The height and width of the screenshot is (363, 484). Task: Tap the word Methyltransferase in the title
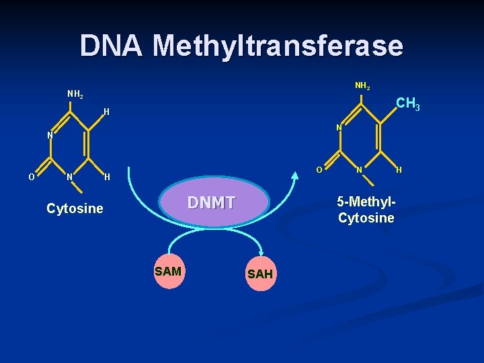click(278, 46)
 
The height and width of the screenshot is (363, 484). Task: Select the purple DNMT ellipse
click(212, 202)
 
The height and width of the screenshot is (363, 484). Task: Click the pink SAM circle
click(168, 272)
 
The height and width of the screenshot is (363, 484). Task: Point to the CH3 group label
click(407, 104)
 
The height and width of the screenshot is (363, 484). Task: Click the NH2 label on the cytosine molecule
click(75, 95)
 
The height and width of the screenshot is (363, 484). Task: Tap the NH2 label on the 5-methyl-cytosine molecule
click(362, 87)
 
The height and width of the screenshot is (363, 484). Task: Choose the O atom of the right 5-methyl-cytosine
click(319, 169)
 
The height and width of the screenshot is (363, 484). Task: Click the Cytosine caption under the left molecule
click(75, 208)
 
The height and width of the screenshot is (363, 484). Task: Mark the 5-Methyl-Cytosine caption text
click(366, 210)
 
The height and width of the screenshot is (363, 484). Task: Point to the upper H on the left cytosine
click(106, 112)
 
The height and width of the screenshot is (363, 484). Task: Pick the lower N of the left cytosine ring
click(69, 177)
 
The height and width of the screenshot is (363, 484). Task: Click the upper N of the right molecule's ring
click(339, 127)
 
